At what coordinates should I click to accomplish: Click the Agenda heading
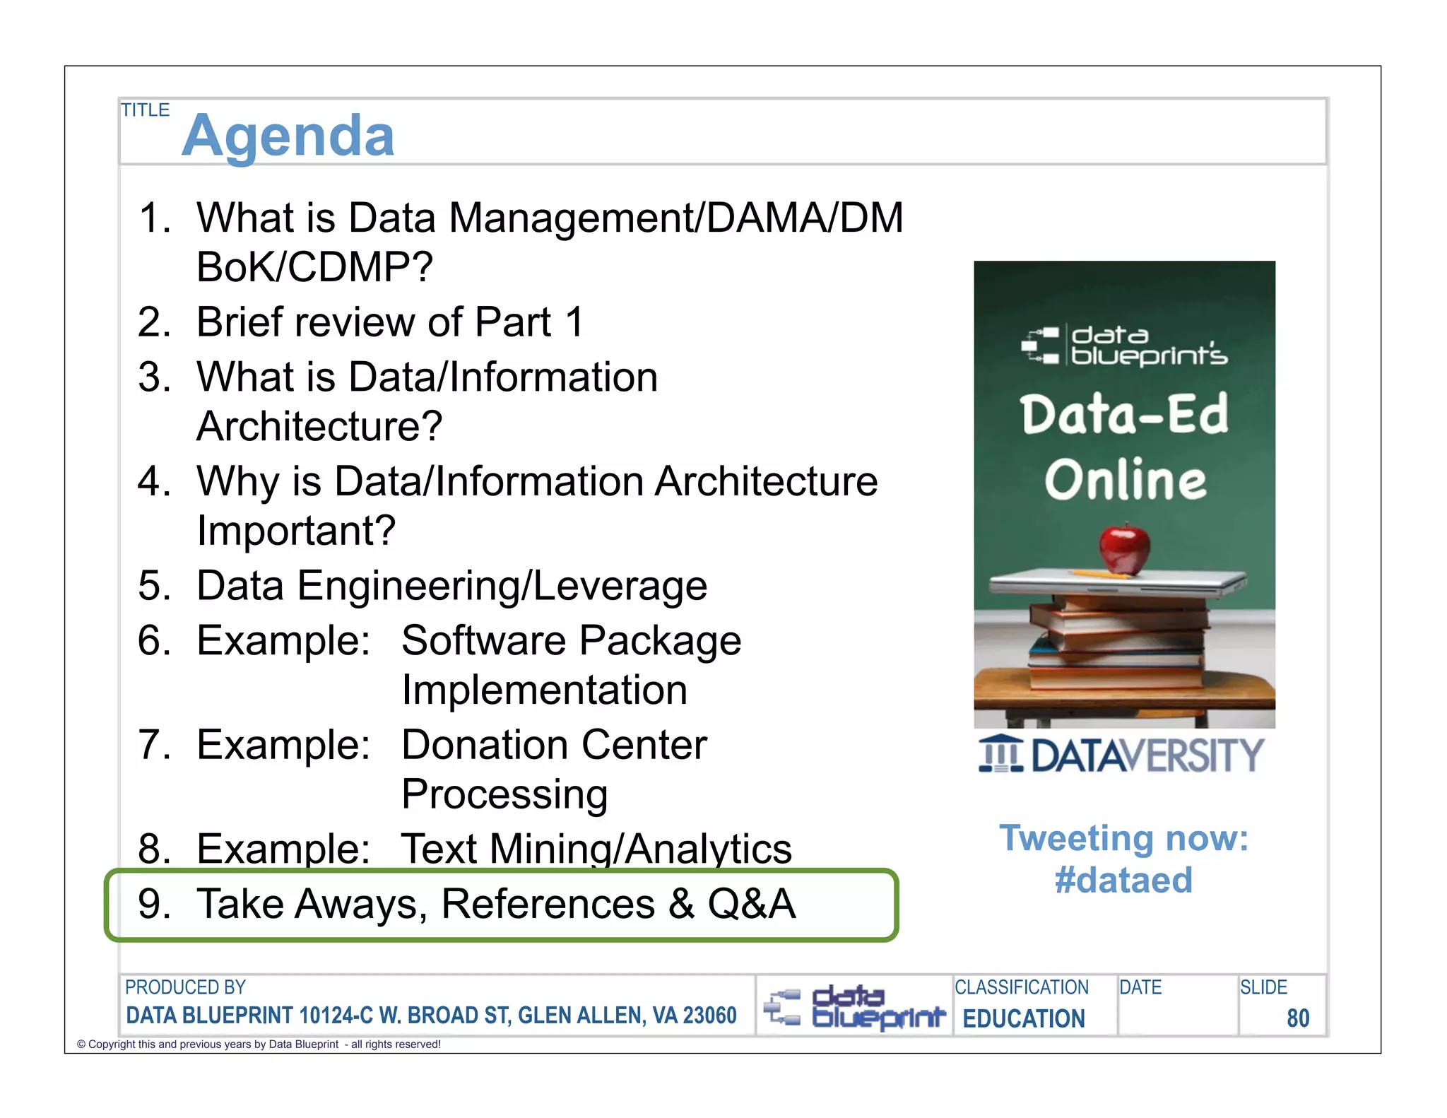point(288,135)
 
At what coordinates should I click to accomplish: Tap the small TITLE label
point(145,110)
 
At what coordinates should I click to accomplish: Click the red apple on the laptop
point(1124,548)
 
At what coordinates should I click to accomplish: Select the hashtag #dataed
point(1123,881)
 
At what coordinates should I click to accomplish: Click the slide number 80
point(1297,1018)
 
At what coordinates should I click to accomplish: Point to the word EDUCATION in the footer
point(1024,1018)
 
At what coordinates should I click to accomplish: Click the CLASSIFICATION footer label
point(1021,987)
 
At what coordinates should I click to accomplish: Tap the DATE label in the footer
point(1140,987)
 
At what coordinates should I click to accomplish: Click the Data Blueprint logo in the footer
point(854,1007)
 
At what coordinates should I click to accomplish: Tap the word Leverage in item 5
point(620,586)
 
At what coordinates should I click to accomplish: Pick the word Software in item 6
point(484,641)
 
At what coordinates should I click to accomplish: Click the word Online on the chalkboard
point(1126,480)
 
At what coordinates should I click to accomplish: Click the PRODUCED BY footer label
point(185,987)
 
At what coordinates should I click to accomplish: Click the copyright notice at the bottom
point(259,1045)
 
